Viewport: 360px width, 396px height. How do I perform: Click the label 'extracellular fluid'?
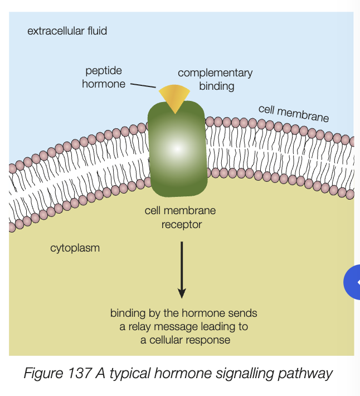click(67, 31)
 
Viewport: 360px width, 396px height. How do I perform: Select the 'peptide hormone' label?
click(104, 78)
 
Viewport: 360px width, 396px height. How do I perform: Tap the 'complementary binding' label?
click(215, 79)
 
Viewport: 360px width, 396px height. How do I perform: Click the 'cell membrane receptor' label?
click(180, 218)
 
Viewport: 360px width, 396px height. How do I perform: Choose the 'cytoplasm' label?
click(75, 248)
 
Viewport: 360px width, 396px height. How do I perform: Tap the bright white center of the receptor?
click(176, 149)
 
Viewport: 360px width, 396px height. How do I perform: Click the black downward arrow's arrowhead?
click(181, 292)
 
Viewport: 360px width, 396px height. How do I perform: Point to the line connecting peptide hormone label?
click(143, 86)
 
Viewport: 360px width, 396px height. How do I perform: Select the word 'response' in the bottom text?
click(210, 339)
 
